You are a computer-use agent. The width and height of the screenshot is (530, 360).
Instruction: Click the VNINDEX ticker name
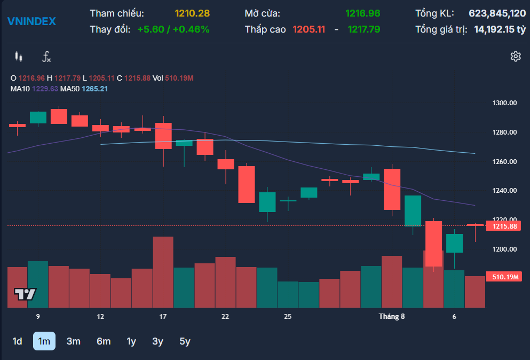(x=32, y=21)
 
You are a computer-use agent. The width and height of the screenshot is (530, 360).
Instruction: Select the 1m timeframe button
(x=44, y=341)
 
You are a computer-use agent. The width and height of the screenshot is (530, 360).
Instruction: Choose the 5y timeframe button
(x=185, y=341)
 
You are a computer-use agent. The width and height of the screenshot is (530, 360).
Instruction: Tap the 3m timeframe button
(x=73, y=341)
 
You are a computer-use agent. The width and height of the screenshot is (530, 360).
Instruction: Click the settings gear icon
(x=516, y=56)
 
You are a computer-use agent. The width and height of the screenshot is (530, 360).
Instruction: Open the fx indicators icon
(x=46, y=57)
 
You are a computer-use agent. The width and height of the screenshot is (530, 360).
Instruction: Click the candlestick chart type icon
(x=19, y=57)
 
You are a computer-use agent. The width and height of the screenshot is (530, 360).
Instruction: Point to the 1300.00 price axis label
(x=504, y=103)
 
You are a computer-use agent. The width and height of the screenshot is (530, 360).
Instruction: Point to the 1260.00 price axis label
(x=504, y=161)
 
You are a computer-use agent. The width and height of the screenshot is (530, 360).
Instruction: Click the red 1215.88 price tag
(x=503, y=226)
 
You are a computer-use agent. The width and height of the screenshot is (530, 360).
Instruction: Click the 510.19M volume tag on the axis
(x=503, y=277)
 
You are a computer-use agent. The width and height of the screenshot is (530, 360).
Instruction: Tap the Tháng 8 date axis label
(x=391, y=317)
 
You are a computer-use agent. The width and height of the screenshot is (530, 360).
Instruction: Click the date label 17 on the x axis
(x=163, y=317)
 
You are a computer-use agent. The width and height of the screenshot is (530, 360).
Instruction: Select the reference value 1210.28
(x=192, y=13)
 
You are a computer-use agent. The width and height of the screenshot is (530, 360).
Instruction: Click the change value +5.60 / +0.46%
(x=173, y=29)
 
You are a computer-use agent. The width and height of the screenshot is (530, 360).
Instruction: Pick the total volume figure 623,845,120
(x=497, y=13)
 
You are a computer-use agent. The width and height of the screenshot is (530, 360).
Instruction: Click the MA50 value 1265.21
(x=94, y=89)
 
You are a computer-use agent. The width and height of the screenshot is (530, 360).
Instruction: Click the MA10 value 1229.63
(x=45, y=89)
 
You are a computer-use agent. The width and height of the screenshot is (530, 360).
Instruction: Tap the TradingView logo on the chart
(x=25, y=294)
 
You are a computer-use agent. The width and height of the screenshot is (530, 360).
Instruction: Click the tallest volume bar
(x=163, y=272)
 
